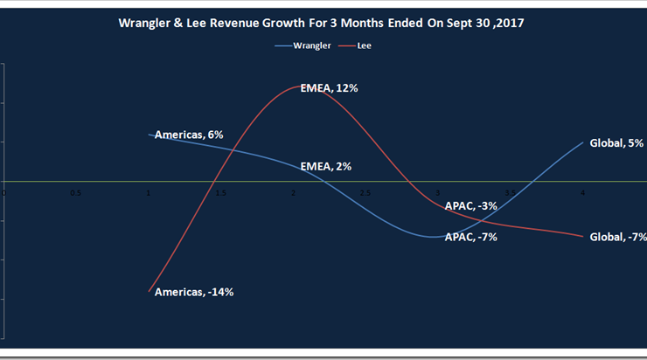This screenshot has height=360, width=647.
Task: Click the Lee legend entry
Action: pyautogui.click(x=365, y=45)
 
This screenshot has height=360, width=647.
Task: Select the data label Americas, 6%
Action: pyautogui.click(x=189, y=135)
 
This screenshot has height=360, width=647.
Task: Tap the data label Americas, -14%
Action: pyautogui.click(x=194, y=292)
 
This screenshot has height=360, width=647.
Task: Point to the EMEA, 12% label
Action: pyautogui.click(x=329, y=88)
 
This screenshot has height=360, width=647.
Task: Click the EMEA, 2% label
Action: pyautogui.click(x=326, y=166)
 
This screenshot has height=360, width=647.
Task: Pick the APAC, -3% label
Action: pyautogui.click(x=471, y=206)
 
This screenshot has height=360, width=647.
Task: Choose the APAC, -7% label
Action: pyautogui.click(x=471, y=237)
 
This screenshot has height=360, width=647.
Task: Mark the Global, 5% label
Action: pyautogui.click(x=617, y=143)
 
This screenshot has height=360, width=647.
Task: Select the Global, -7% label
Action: pyautogui.click(x=618, y=237)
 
